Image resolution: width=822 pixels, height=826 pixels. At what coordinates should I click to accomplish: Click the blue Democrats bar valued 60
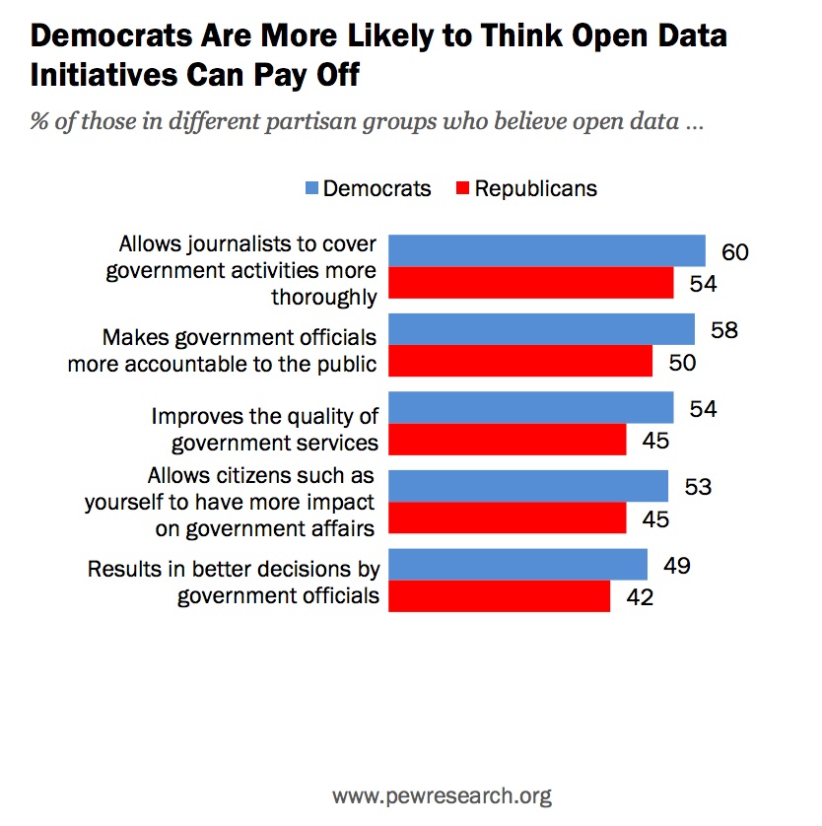(547, 250)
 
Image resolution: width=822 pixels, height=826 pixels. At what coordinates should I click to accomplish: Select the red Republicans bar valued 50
(520, 361)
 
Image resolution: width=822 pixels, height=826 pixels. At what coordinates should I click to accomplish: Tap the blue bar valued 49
(517, 565)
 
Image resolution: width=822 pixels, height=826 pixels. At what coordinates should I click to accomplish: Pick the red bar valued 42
(499, 596)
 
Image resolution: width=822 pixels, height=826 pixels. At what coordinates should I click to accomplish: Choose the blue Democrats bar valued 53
(528, 486)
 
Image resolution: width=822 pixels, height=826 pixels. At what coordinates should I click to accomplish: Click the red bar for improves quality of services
(508, 440)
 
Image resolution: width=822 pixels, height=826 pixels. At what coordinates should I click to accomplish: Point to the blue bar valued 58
(542, 329)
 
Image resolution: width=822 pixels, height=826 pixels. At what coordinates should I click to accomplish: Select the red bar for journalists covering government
(531, 283)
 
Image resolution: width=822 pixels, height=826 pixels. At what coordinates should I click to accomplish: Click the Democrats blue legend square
(309, 188)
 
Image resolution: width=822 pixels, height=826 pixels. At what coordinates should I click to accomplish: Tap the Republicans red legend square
(460, 188)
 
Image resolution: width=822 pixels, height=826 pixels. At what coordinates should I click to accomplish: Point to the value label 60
(734, 251)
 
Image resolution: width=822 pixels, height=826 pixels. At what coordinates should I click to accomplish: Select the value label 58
(723, 329)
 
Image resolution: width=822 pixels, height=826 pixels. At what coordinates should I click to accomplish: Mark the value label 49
(676, 566)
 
